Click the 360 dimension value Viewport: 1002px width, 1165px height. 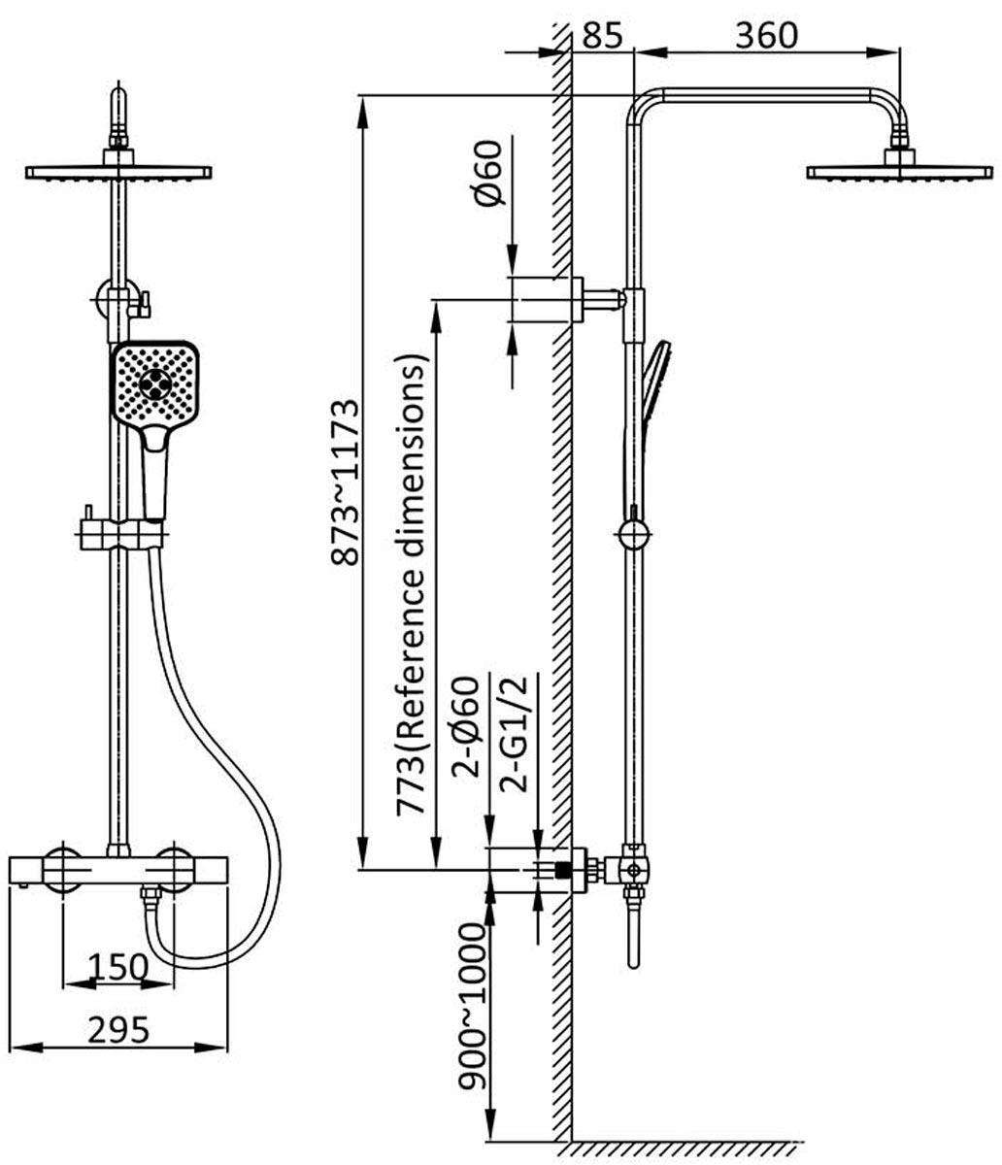(765, 35)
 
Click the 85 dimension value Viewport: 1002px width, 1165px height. (602, 35)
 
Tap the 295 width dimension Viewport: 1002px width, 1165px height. (119, 1029)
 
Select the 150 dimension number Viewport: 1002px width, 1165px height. (117, 966)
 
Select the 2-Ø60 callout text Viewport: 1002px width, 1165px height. (469, 738)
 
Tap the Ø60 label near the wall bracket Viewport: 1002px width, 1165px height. (488, 173)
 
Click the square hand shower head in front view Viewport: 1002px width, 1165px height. (155, 383)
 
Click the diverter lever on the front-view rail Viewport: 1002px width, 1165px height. (145, 304)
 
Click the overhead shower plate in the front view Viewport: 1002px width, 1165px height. (117, 173)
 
